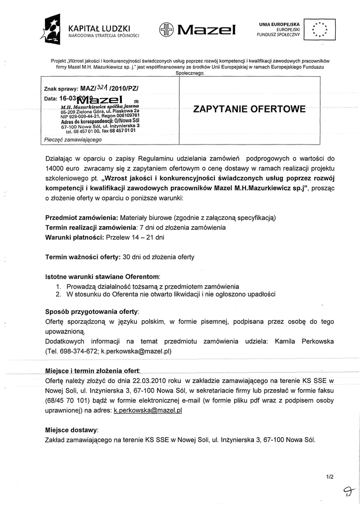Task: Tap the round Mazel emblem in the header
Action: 166,30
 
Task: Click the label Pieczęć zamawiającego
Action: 73,140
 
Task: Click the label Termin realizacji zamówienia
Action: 91,227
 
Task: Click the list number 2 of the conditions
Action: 58,294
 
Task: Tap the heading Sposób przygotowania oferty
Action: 92,312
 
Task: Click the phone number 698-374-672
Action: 80,351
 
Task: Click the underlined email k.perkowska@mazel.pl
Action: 148,410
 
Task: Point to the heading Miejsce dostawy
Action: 71,430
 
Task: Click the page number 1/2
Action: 330,477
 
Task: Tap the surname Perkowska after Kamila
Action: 310,341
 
